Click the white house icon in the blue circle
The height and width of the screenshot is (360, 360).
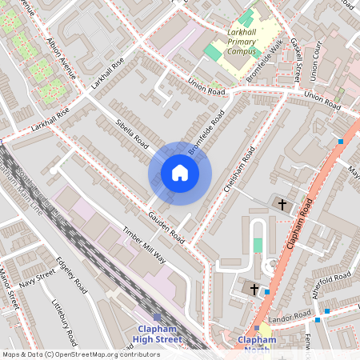[180, 173]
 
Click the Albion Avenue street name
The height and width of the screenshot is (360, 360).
[63, 58]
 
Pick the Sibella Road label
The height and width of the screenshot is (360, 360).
[133, 135]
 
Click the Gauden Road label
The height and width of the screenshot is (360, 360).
[166, 228]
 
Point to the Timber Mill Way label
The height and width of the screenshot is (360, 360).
[143, 243]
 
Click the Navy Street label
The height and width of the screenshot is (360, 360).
[38, 278]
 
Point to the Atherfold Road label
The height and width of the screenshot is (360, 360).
[332, 286]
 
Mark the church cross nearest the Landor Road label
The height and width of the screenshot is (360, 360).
[254, 288]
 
